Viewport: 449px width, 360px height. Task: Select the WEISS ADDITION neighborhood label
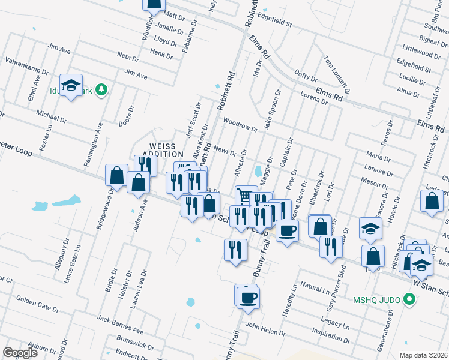[161, 150]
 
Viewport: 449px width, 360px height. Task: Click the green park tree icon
[102, 90]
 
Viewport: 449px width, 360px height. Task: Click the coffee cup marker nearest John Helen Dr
[247, 297]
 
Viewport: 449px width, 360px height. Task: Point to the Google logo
[20, 353]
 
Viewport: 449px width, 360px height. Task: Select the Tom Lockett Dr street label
[336, 71]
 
